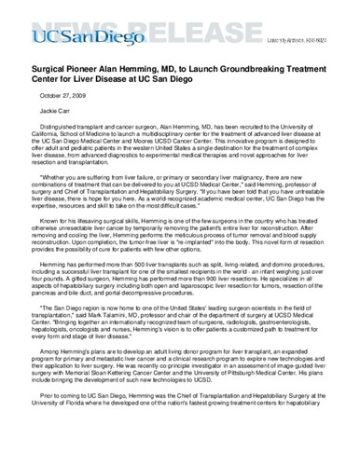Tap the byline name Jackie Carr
point(55,110)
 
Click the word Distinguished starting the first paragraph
point(62,127)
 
